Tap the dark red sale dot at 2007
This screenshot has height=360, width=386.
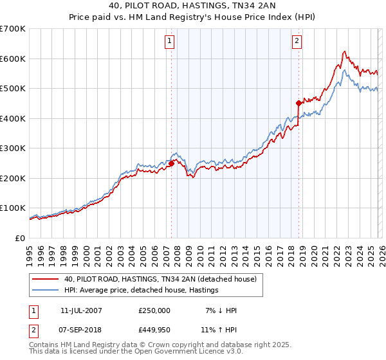click(172, 163)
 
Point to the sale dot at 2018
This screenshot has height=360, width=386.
click(299, 103)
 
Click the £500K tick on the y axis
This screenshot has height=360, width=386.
click(13, 89)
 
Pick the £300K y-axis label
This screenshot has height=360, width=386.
click(13, 148)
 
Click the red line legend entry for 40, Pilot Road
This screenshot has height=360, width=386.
click(160, 279)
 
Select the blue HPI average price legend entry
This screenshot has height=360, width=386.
click(142, 291)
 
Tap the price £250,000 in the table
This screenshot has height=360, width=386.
click(154, 310)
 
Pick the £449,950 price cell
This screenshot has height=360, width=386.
click(154, 330)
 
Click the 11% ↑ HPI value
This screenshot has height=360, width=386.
click(218, 330)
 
